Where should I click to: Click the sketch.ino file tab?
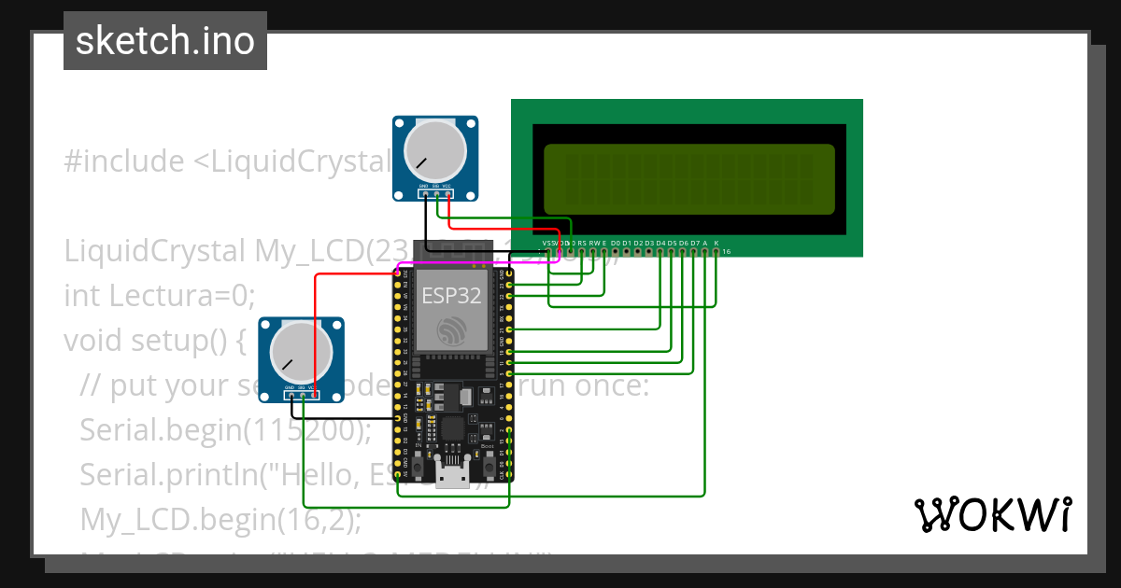pos(165,41)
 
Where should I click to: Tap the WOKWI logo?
pos(992,514)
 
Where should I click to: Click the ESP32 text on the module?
pos(452,296)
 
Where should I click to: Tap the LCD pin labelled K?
pos(717,251)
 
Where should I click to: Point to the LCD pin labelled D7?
pos(694,251)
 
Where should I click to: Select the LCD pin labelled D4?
pos(660,251)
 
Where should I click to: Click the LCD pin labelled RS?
pos(582,251)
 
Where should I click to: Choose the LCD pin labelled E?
pos(604,251)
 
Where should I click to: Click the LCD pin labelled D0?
pos(616,251)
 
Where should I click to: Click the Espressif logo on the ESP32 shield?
pos(453,329)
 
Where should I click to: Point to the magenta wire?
pos(486,263)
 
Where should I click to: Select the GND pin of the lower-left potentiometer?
pos(291,395)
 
